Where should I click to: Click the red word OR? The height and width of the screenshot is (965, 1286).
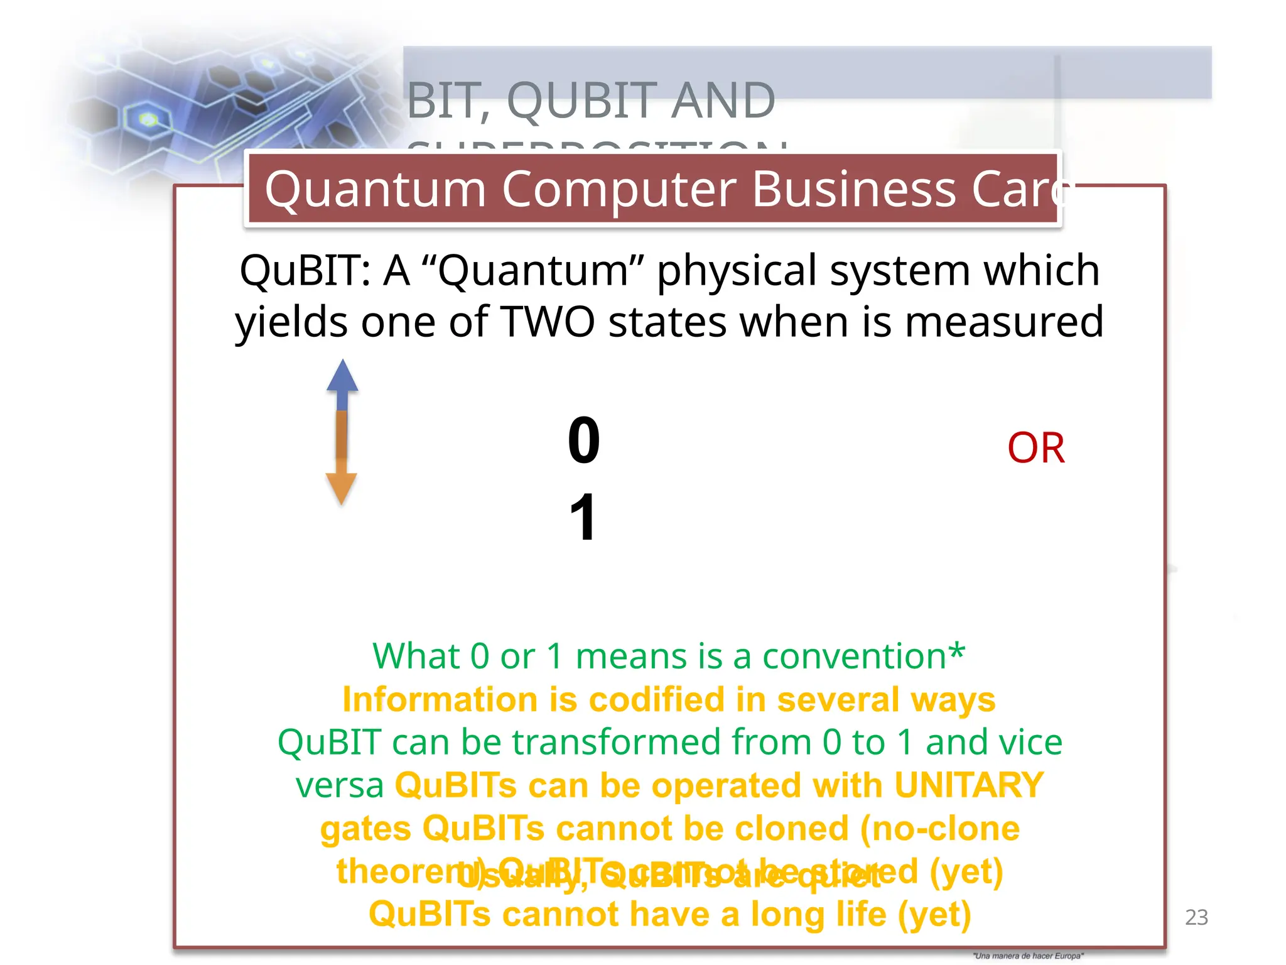pyautogui.click(x=1035, y=448)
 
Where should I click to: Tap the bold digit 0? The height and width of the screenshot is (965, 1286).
pyautogui.click(x=583, y=440)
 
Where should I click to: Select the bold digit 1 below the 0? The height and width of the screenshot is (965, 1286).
pyautogui.click(x=583, y=517)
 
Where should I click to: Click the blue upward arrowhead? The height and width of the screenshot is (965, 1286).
pyautogui.click(x=342, y=376)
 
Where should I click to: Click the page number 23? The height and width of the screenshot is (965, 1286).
pyautogui.click(x=1196, y=917)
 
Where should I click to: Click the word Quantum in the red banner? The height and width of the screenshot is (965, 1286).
pyautogui.click(x=376, y=189)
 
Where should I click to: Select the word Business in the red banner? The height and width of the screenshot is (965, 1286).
pyautogui.click(x=853, y=189)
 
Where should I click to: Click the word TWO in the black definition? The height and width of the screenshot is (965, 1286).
pyautogui.click(x=547, y=322)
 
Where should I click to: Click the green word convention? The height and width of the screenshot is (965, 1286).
pyautogui.click(x=854, y=657)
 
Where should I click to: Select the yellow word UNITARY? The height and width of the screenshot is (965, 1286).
pyautogui.click(x=968, y=785)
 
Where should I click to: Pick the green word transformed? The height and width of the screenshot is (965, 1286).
pyautogui.click(x=662, y=743)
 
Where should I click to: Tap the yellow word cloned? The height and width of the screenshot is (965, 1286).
pyautogui.click(x=791, y=829)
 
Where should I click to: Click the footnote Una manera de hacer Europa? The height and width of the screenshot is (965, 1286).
pyautogui.click(x=1028, y=956)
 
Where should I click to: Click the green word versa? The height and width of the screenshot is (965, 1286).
pyautogui.click(x=340, y=786)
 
